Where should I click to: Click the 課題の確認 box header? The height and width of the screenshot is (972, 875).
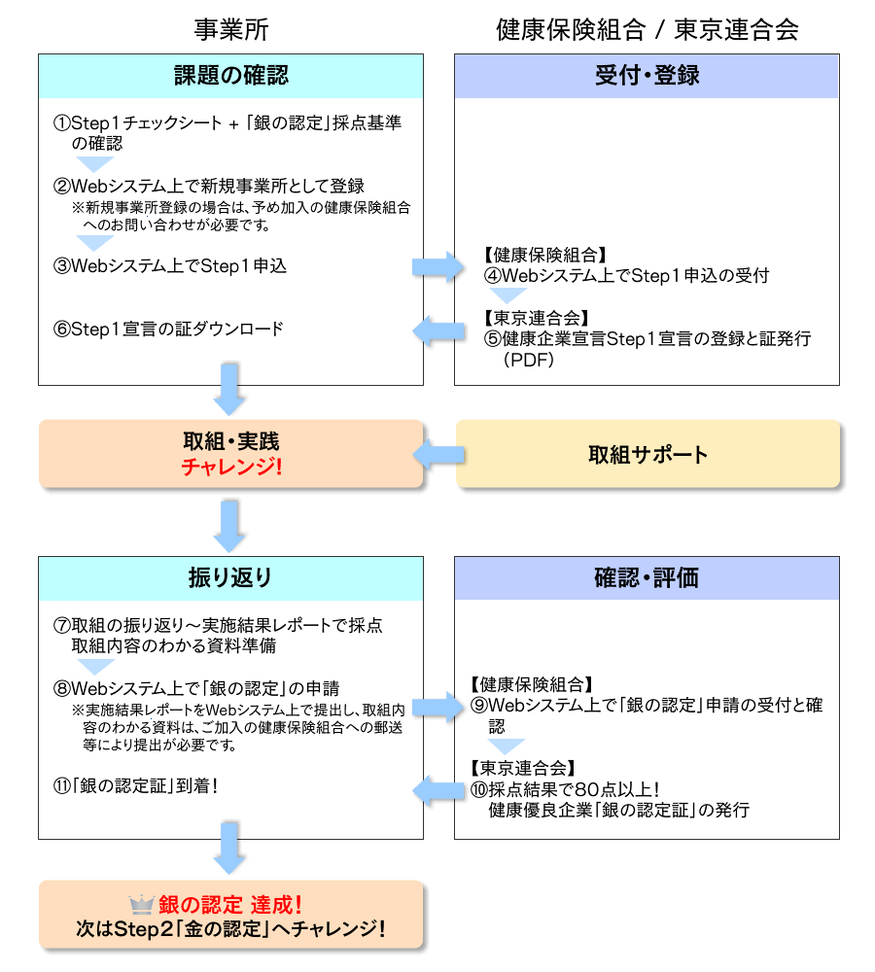click(x=230, y=76)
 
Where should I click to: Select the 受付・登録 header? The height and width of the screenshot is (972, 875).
click(x=647, y=76)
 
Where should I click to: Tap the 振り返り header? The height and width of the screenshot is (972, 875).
click(x=230, y=577)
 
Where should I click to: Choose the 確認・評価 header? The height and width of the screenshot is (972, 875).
click(x=647, y=577)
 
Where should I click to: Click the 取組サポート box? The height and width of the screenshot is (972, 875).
click(x=647, y=454)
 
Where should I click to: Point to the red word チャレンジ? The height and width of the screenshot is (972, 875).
click(x=231, y=467)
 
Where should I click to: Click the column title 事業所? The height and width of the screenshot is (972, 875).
click(x=230, y=29)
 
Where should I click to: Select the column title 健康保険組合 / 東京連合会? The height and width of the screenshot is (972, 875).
click(x=647, y=29)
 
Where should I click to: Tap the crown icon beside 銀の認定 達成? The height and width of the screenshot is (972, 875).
click(x=142, y=905)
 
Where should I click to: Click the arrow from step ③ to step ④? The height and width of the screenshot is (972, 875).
click(x=438, y=265)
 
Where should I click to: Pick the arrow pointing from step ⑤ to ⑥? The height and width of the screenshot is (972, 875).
click(x=438, y=330)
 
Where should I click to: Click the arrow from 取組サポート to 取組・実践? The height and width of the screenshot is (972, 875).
click(x=438, y=454)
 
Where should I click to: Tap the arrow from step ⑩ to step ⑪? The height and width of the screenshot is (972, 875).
click(x=438, y=789)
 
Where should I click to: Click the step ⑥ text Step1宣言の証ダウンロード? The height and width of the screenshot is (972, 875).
click(x=169, y=329)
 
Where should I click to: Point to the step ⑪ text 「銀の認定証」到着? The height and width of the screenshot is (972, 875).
click(x=136, y=784)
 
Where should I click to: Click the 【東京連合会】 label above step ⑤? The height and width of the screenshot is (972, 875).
click(x=536, y=318)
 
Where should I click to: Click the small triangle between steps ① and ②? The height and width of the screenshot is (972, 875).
click(x=95, y=164)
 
